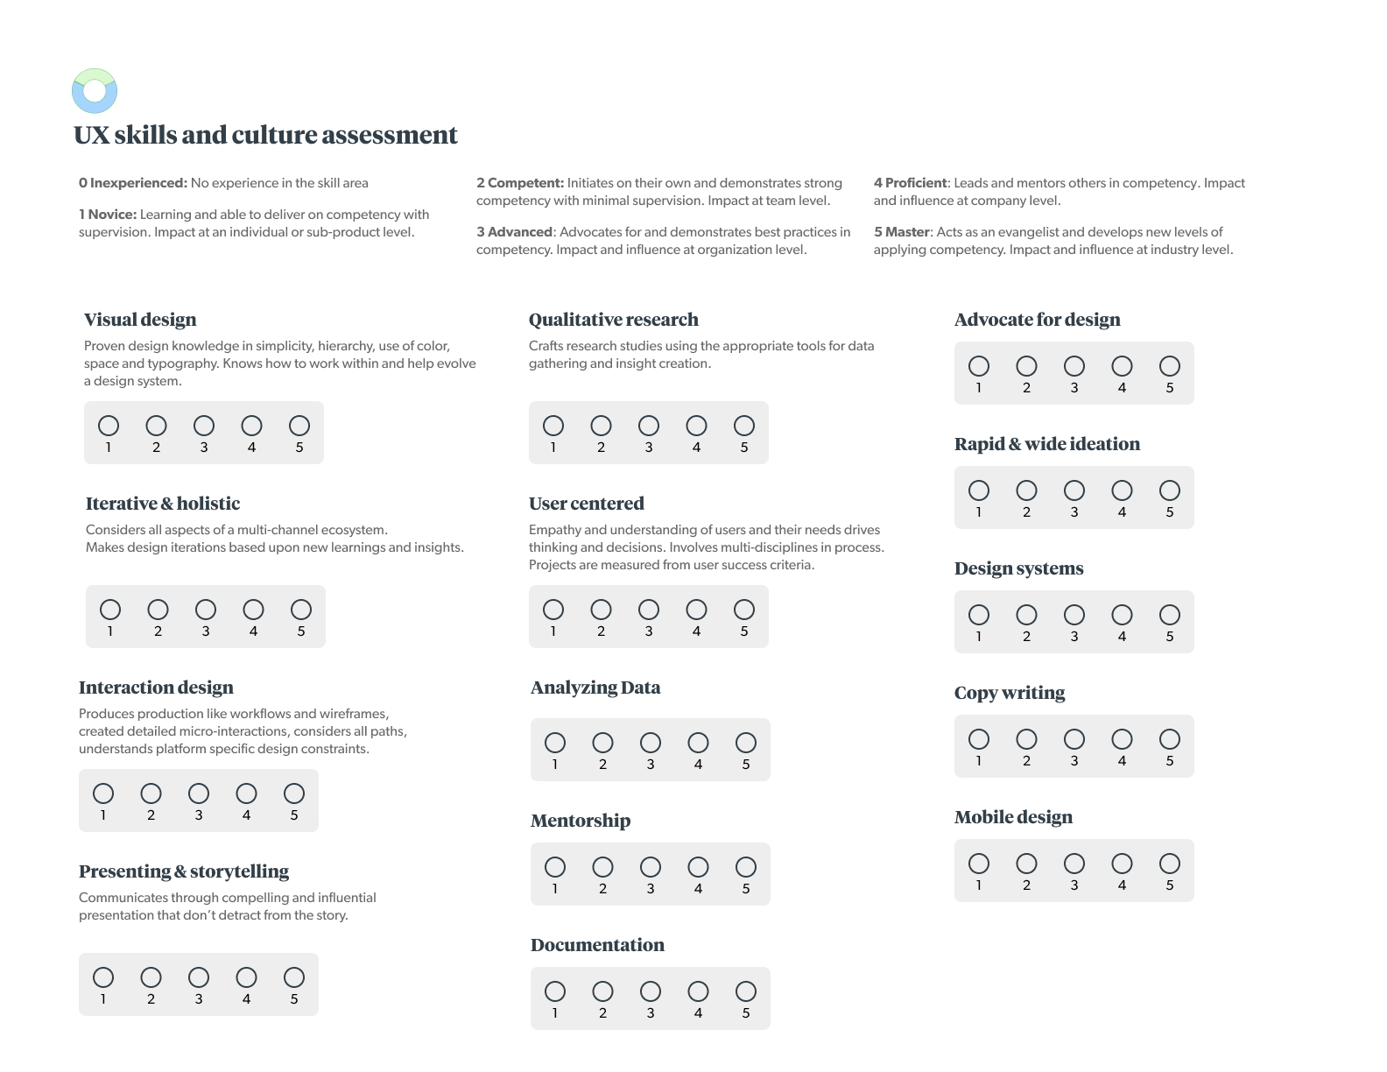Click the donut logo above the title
tap(95, 91)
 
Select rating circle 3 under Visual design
tap(204, 426)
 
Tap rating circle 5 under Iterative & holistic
tap(301, 610)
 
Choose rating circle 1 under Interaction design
tap(103, 793)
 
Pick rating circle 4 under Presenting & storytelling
tap(247, 977)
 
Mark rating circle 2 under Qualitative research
tap(601, 426)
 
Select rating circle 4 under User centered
tap(696, 610)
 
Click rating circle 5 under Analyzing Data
tap(746, 743)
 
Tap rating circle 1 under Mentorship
tap(555, 867)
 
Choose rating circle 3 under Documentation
tap(651, 991)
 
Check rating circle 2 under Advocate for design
tap(1026, 366)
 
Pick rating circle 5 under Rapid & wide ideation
tap(1170, 490)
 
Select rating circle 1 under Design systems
tap(979, 615)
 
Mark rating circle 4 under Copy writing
tap(1122, 739)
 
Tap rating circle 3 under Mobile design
tap(1074, 864)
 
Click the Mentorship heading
tap(581, 821)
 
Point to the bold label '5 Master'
tap(902, 232)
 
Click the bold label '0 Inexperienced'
tap(133, 183)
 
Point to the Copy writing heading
tap(1010, 693)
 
